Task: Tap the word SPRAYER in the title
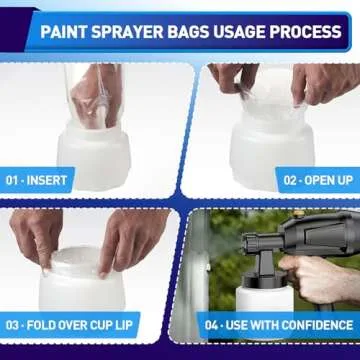point(136,31)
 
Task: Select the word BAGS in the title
point(200,31)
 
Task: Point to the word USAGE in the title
point(250,31)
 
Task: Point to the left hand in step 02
point(228,78)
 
